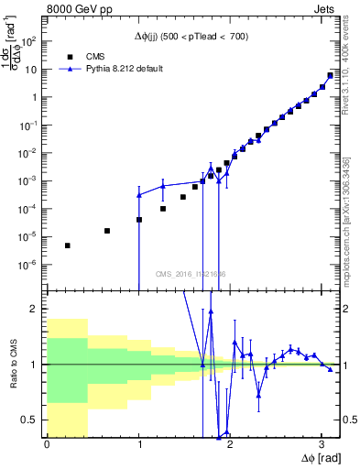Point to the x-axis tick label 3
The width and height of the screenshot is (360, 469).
point(321,444)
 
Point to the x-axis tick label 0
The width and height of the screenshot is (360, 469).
point(47,444)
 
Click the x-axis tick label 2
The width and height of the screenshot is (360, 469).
point(229,444)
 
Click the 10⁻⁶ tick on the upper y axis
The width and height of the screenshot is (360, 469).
point(33,265)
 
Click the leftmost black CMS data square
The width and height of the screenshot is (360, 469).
point(68,245)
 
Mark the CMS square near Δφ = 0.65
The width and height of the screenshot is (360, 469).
point(107,231)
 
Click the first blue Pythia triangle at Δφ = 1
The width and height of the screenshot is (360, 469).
point(139,195)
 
